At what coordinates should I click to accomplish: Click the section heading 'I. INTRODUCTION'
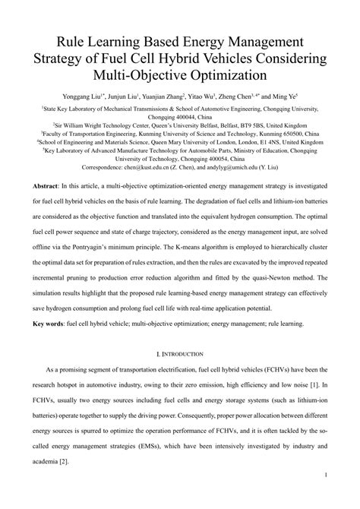point(179,354)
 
